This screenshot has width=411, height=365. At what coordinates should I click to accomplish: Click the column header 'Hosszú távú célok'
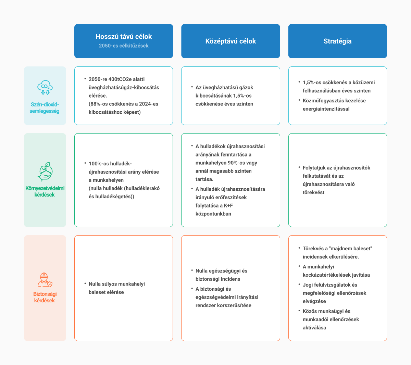[x=124, y=37]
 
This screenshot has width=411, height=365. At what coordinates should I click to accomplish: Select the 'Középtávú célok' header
[x=231, y=41]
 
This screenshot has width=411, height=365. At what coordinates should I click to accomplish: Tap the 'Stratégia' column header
[x=337, y=41]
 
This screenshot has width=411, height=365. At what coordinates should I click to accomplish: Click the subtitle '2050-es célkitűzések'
[x=124, y=46]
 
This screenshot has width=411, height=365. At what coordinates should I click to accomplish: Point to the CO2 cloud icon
[x=45, y=87]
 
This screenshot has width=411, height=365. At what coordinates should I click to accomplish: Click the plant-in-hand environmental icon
[x=45, y=172]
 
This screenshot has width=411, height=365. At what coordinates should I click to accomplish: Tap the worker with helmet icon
[x=45, y=280]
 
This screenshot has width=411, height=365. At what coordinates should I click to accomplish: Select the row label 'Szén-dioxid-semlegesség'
[x=45, y=108]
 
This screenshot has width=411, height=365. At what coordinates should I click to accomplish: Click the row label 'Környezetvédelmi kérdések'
[x=45, y=191]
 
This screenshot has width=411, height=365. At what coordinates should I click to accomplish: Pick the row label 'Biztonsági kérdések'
[x=45, y=297]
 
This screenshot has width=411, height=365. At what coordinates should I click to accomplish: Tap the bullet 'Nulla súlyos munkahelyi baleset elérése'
[x=117, y=288]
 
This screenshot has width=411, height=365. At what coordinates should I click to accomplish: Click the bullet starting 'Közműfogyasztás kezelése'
[x=334, y=105]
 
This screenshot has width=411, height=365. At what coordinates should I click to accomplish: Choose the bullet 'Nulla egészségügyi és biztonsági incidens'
[x=221, y=275]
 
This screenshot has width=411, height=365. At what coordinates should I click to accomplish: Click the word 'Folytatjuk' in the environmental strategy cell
[x=313, y=168]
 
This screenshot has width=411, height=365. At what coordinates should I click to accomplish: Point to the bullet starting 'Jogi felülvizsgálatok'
[x=334, y=293]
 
